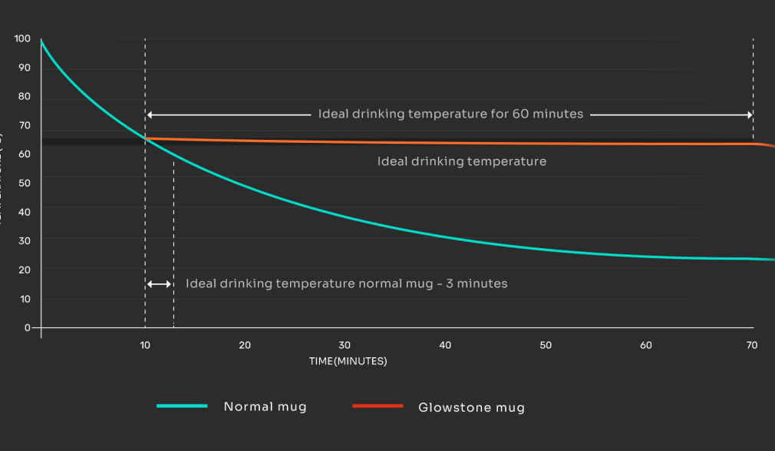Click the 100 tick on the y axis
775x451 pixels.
(22, 38)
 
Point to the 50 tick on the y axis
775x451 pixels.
(25, 183)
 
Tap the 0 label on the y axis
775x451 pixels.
(28, 327)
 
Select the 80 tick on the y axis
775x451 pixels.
(25, 96)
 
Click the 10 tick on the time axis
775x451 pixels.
(145, 346)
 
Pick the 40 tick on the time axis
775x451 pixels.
(445, 346)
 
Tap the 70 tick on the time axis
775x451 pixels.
(753, 346)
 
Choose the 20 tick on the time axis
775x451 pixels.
(245, 346)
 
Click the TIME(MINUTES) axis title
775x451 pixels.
(348, 361)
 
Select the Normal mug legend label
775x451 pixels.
(265, 406)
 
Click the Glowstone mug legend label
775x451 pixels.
(471, 407)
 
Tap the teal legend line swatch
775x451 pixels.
(182, 406)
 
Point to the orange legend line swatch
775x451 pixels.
(377, 406)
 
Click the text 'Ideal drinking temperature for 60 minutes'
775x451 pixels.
(450, 114)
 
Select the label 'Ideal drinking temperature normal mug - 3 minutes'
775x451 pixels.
(346, 284)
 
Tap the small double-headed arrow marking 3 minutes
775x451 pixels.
(159, 284)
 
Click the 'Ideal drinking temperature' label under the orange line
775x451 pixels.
(461, 161)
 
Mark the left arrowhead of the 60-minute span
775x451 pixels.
(150, 114)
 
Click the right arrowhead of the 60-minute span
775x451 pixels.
(749, 114)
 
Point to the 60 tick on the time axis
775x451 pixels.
(646, 346)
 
